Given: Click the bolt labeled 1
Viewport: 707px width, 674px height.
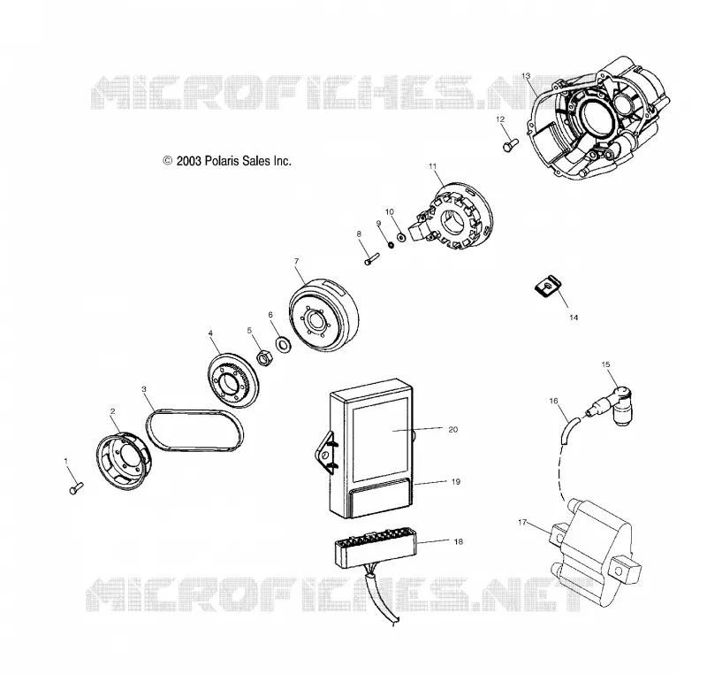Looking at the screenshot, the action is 76,487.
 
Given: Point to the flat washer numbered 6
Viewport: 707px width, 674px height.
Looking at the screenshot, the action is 283,344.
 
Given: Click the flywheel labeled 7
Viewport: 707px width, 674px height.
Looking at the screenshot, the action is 323,314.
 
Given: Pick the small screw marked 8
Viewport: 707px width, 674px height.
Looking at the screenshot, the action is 371,259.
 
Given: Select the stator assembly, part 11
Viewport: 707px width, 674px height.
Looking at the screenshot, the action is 451,216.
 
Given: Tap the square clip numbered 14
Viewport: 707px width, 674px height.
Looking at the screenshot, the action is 547,287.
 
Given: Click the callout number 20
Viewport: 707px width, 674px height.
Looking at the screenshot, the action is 452,430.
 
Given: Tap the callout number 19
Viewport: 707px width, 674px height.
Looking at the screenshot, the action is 456,482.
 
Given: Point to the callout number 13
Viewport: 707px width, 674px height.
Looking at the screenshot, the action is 526,76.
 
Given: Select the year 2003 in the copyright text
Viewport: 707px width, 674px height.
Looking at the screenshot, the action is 188,161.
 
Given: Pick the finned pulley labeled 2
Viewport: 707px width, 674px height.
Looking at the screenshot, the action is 124,460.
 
